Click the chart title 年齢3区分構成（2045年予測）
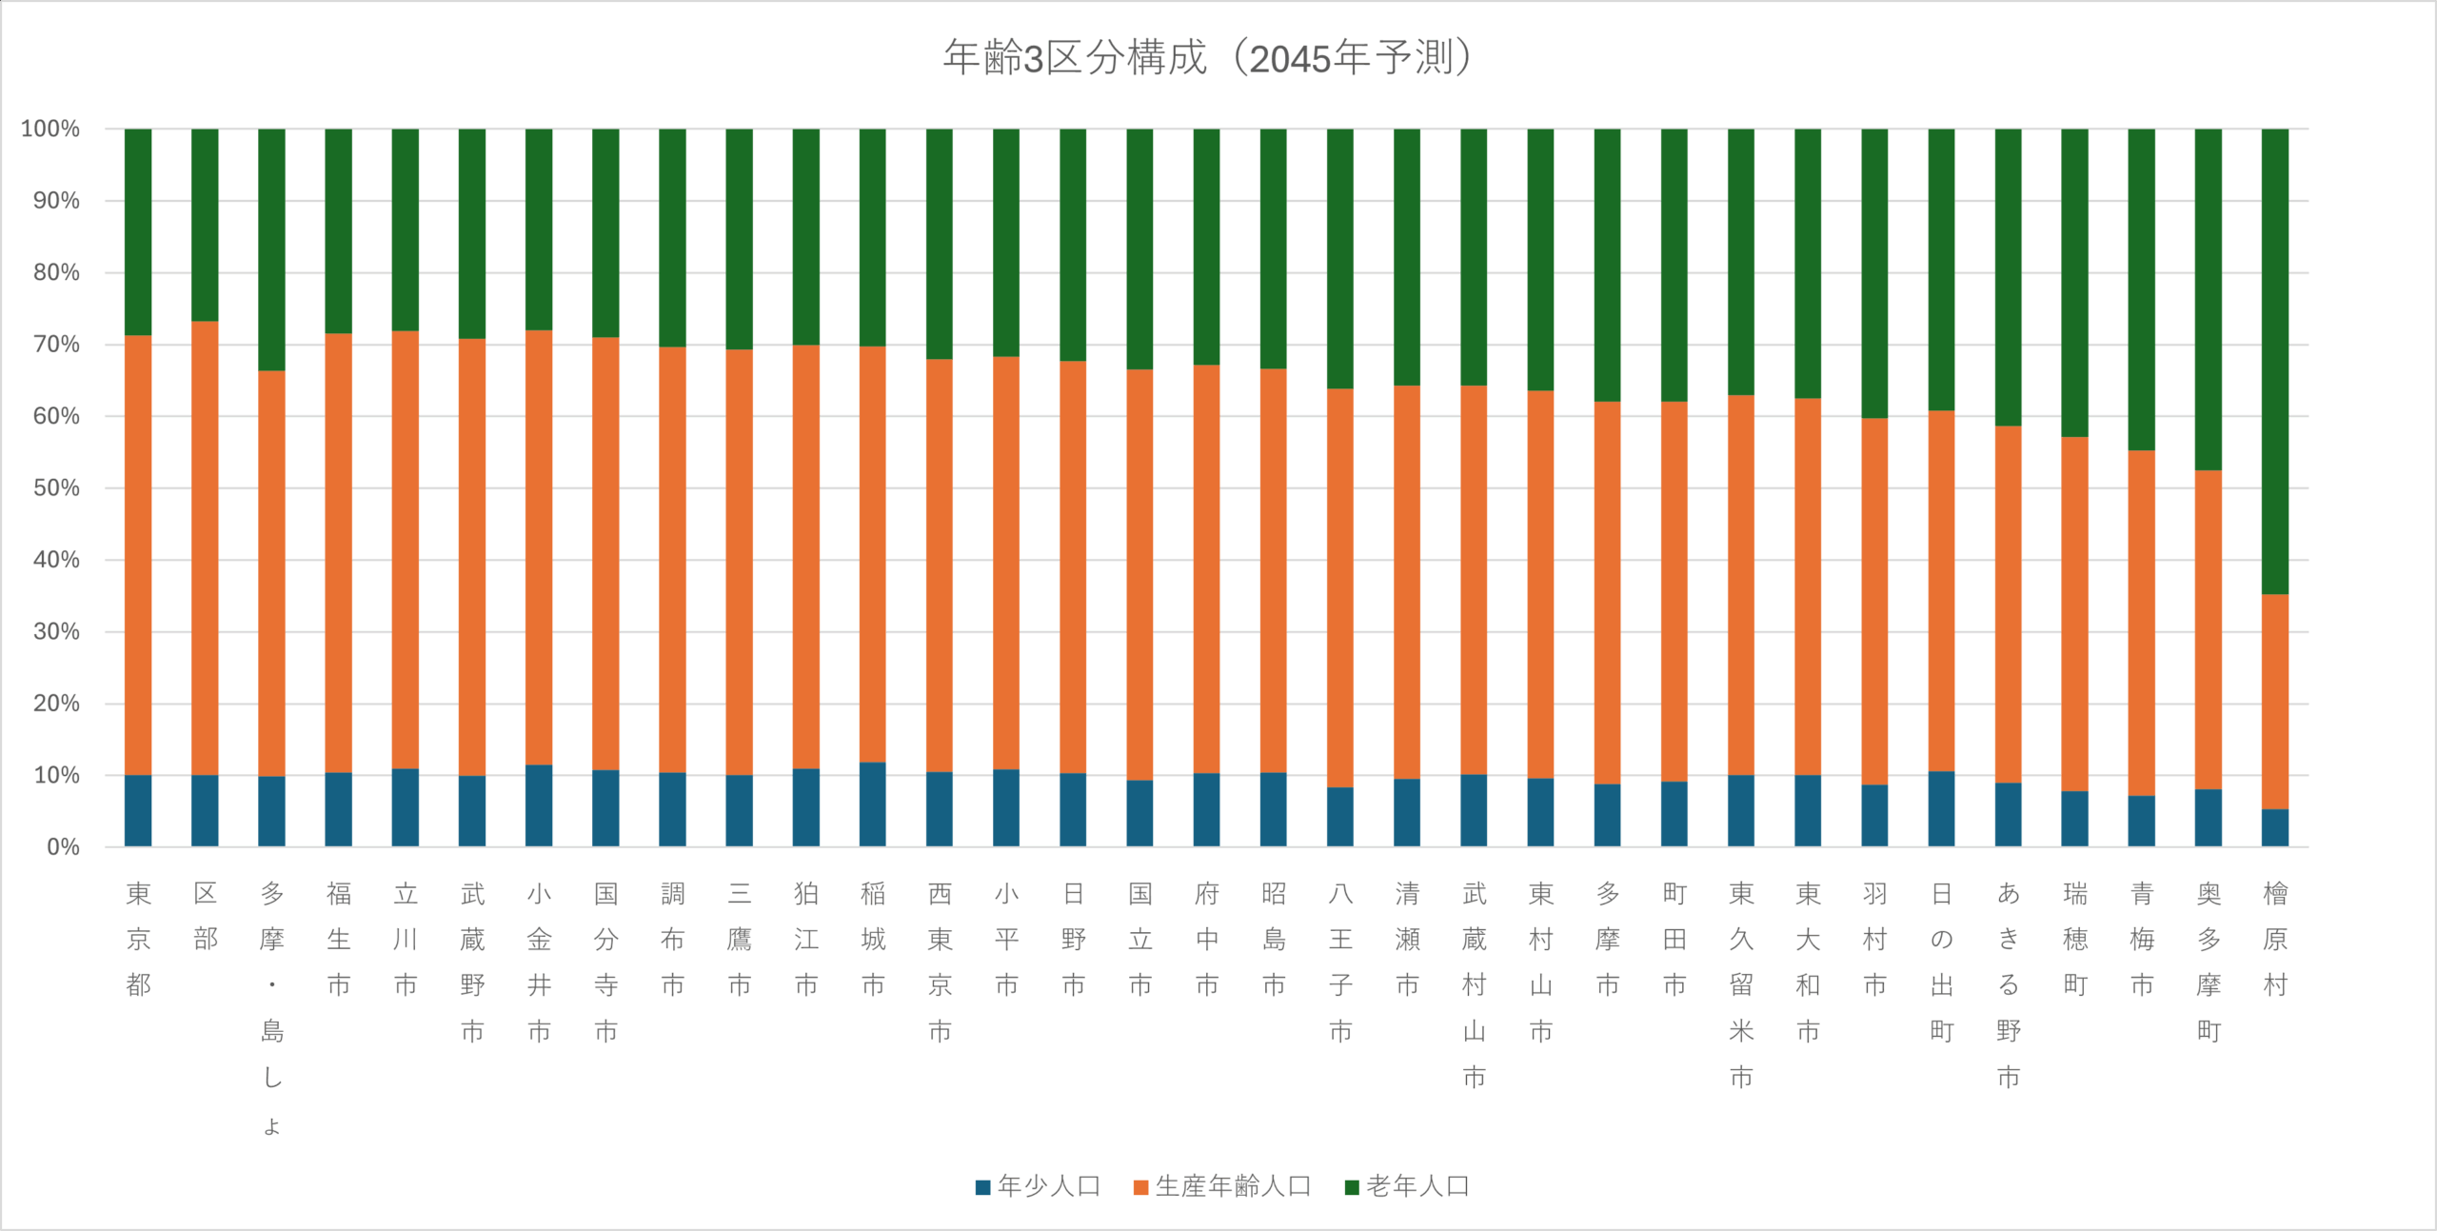click(1207, 58)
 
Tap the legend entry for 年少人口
click(1038, 1186)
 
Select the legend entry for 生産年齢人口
click(1223, 1186)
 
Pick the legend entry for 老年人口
click(1408, 1186)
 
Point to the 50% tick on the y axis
click(56, 488)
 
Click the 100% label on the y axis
click(50, 129)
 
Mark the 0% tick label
click(63, 847)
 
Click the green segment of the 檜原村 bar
click(2275, 362)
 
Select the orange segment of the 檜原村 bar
click(2275, 702)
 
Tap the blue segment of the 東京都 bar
click(138, 811)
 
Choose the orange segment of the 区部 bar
click(205, 547)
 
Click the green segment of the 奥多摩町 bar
click(2209, 299)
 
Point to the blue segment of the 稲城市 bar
click(873, 804)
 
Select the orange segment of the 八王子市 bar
click(1340, 587)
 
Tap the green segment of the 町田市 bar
click(1674, 265)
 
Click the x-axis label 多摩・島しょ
click(272, 1009)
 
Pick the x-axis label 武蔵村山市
click(1474, 985)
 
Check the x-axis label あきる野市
click(2009, 985)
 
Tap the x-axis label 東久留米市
click(1741, 985)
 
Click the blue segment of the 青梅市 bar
click(2142, 822)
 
